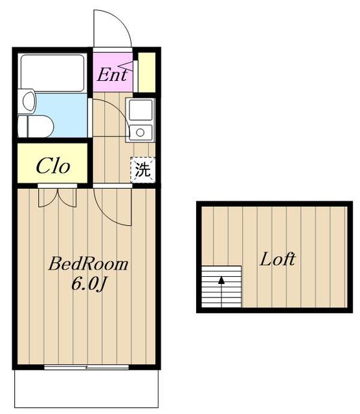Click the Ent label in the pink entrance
(112, 75)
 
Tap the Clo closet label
(53, 166)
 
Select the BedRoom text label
(88, 264)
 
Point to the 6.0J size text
(89, 284)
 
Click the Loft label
(278, 259)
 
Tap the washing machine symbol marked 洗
(142, 169)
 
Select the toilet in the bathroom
(36, 126)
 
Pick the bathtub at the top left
(52, 72)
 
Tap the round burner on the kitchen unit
(140, 132)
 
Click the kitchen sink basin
(141, 109)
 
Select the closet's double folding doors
(58, 197)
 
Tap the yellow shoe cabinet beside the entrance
(147, 72)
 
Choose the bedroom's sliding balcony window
(86, 367)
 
